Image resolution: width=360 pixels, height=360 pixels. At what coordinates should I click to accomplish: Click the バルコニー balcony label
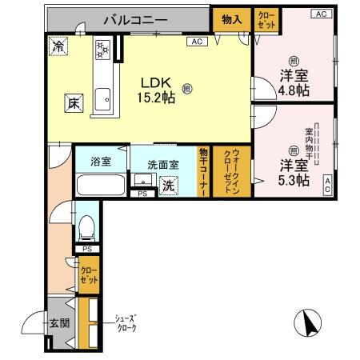click(x=134, y=18)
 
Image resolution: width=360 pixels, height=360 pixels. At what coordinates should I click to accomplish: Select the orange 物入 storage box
click(x=231, y=18)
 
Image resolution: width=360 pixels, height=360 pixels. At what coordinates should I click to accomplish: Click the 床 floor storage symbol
click(x=72, y=102)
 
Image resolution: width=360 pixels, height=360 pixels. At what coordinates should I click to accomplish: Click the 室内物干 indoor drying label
click(x=309, y=142)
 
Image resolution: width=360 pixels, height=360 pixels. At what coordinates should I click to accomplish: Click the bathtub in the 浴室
click(x=100, y=186)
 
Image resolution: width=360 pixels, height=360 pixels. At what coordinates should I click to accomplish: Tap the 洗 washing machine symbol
click(x=170, y=185)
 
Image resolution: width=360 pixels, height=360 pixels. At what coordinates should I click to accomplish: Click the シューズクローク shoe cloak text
click(x=125, y=323)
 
